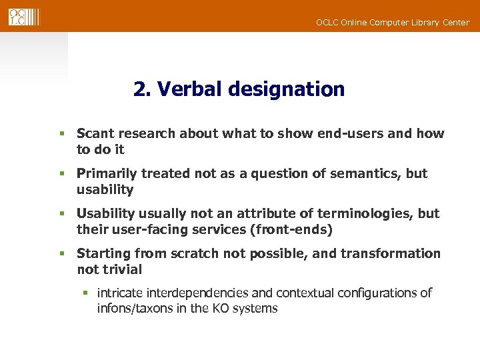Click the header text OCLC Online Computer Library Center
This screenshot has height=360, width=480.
tap(392, 23)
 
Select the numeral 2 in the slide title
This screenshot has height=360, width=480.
tap(140, 89)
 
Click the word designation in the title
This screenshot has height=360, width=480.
tap(286, 89)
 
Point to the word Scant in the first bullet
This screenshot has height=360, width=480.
tap(95, 133)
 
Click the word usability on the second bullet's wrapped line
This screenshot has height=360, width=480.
tap(105, 190)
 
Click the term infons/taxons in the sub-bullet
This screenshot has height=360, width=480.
tap(134, 309)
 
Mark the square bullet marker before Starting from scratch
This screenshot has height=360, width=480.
tap(61, 254)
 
